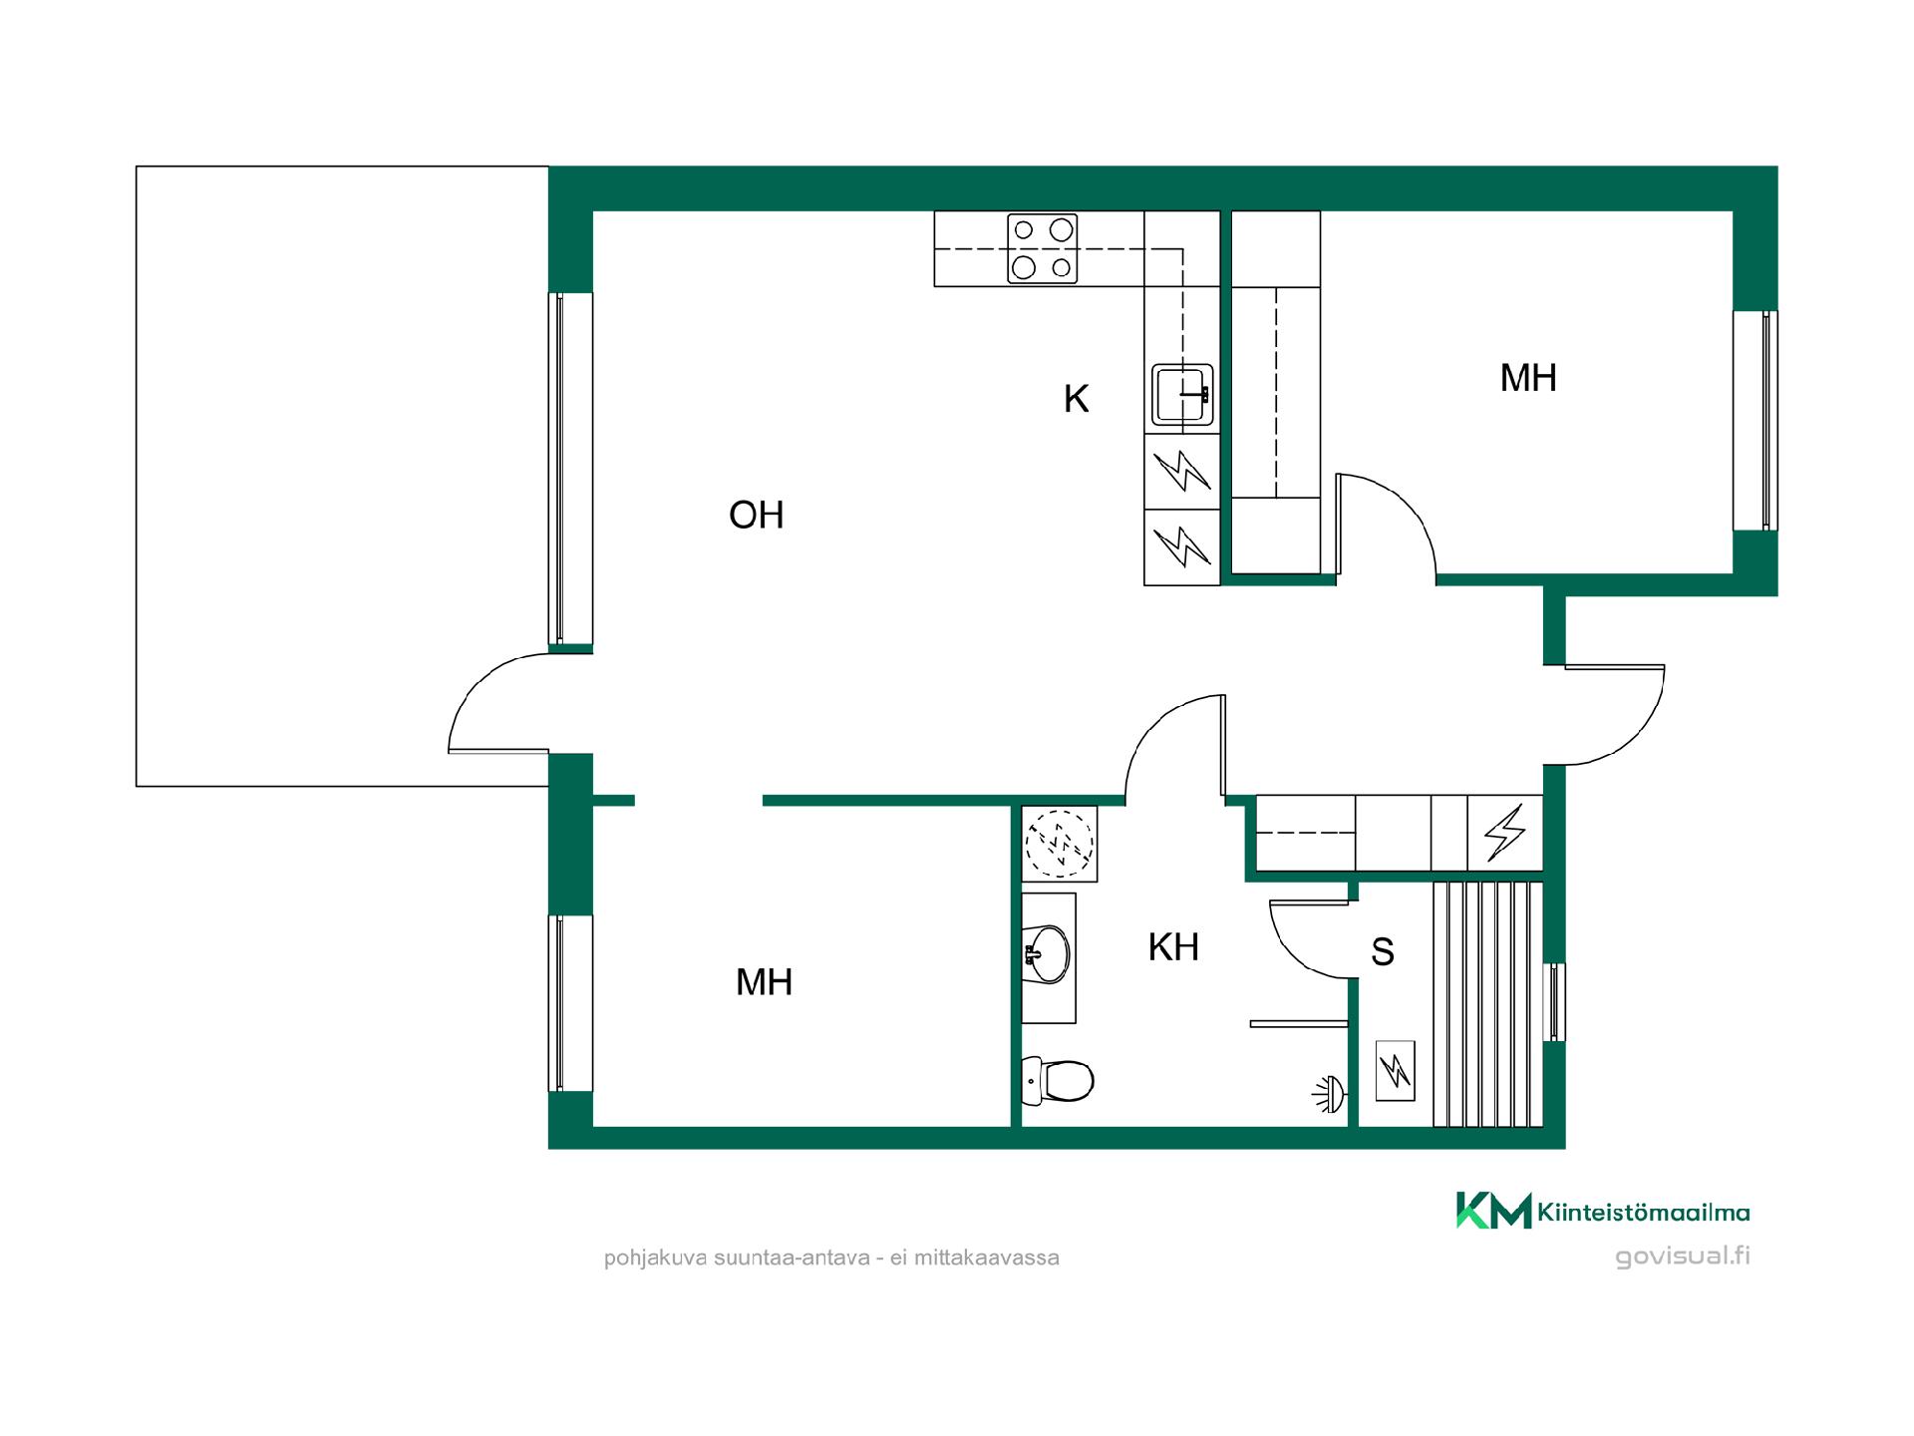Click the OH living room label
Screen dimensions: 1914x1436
click(757, 515)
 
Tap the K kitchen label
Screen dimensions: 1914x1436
click(1076, 399)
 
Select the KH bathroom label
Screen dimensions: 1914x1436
click(1173, 947)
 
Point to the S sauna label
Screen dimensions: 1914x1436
click(1382, 952)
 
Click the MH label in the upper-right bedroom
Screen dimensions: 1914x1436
click(1528, 378)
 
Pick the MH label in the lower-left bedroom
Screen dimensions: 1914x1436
click(764, 982)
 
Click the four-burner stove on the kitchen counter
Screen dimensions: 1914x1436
click(1043, 249)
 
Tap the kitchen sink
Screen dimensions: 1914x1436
click(1182, 394)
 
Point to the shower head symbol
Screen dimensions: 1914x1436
click(1329, 1095)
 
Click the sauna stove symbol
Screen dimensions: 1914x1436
click(1395, 1071)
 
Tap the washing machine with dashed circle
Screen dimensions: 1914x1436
click(1060, 844)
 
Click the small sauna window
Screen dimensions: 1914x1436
click(1554, 1002)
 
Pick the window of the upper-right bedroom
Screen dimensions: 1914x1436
click(1755, 420)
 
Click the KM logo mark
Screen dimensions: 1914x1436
click(1493, 1210)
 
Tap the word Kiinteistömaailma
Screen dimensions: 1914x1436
click(1644, 1213)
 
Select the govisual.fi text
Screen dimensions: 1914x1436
click(1683, 1256)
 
